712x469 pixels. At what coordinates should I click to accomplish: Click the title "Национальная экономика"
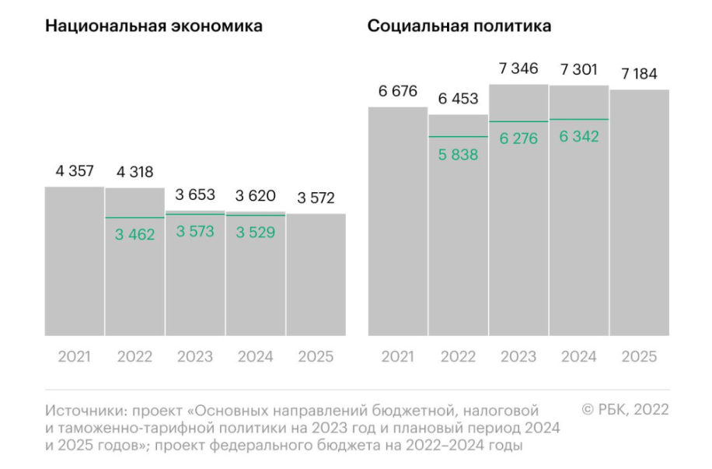click(x=154, y=26)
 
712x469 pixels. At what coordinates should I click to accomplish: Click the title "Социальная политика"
click(x=459, y=26)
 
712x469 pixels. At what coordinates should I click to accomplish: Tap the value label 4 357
click(x=75, y=171)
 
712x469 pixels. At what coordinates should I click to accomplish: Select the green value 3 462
click(x=135, y=233)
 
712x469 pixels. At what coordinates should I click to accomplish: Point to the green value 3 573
click(x=195, y=231)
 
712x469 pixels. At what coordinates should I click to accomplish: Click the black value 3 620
click(x=255, y=196)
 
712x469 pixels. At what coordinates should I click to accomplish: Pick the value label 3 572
click(x=316, y=198)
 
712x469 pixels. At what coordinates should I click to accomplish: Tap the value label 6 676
click(x=398, y=92)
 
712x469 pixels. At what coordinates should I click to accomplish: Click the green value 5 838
click(x=458, y=154)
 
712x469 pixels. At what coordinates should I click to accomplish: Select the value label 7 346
click(x=518, y=69)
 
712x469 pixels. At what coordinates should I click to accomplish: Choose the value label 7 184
click(x=639, y=75)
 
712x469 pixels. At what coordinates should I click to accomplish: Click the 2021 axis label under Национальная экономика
click(x=75, y=357)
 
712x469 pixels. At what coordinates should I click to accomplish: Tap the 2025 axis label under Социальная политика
click(x=639, y=357)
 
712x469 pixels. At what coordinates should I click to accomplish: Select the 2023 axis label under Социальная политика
click(x=518, y=357)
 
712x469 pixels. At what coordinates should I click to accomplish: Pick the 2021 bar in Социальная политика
click(x=398, y=222)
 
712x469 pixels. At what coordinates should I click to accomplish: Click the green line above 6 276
click(x=518, y=121)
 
